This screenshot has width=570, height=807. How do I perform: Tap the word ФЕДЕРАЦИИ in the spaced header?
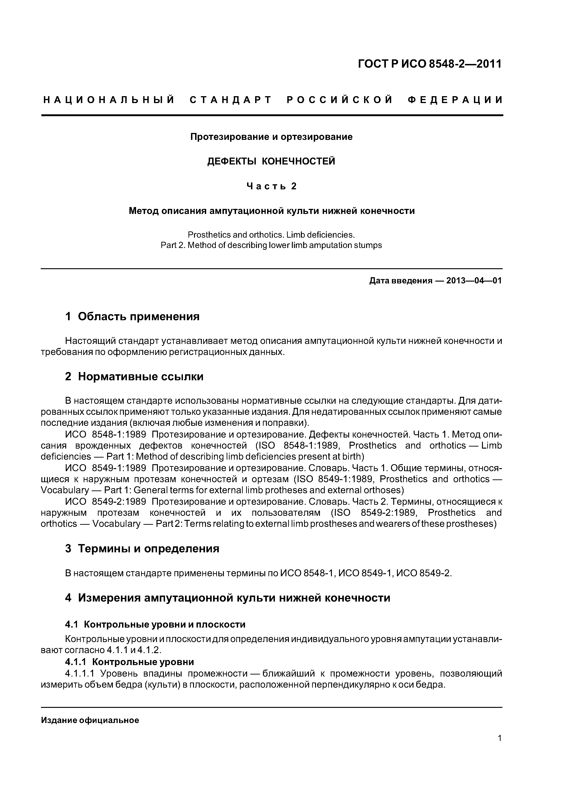455,100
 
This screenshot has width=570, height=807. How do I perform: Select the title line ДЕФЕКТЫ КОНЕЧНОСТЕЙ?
271,161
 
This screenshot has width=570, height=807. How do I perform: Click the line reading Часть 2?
271,186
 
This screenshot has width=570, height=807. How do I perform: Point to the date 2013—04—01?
474,281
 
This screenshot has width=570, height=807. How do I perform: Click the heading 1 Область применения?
132,317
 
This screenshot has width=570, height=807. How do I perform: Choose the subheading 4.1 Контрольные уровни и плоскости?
155,625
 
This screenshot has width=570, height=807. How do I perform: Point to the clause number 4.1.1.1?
80,673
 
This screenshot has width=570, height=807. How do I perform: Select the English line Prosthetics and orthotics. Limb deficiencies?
271,234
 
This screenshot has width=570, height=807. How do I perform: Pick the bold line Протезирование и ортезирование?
271,137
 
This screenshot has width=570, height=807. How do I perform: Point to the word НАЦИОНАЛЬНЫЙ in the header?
109,100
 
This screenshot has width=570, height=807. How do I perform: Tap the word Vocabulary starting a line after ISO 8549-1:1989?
65,490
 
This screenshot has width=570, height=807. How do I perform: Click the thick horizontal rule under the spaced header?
272,115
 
